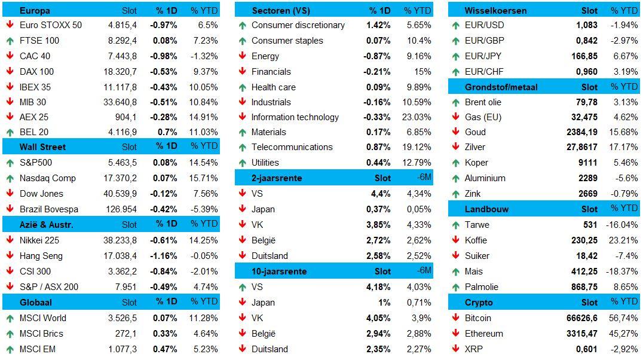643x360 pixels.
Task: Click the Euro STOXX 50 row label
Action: click(50, 25)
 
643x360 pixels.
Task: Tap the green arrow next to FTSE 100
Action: click(10, 41)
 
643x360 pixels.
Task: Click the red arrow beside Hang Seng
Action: click(10, 256)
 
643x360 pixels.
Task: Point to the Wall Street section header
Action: click(42, 147)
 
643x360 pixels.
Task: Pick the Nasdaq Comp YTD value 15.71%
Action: click(204, 178)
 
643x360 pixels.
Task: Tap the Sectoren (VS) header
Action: click(281, 11)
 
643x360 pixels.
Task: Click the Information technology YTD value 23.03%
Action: click(417, 117)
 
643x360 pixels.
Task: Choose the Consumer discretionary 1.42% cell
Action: click(378, 25)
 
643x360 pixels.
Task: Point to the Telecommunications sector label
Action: click(292, 147)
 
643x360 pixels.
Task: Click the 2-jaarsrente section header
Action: click(277, 178)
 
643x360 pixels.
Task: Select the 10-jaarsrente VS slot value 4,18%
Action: click(379, 287)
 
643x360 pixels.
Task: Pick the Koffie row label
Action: click(476, 240)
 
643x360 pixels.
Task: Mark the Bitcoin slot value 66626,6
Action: click(580, 318)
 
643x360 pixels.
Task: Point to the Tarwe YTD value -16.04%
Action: click(621, 225)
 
